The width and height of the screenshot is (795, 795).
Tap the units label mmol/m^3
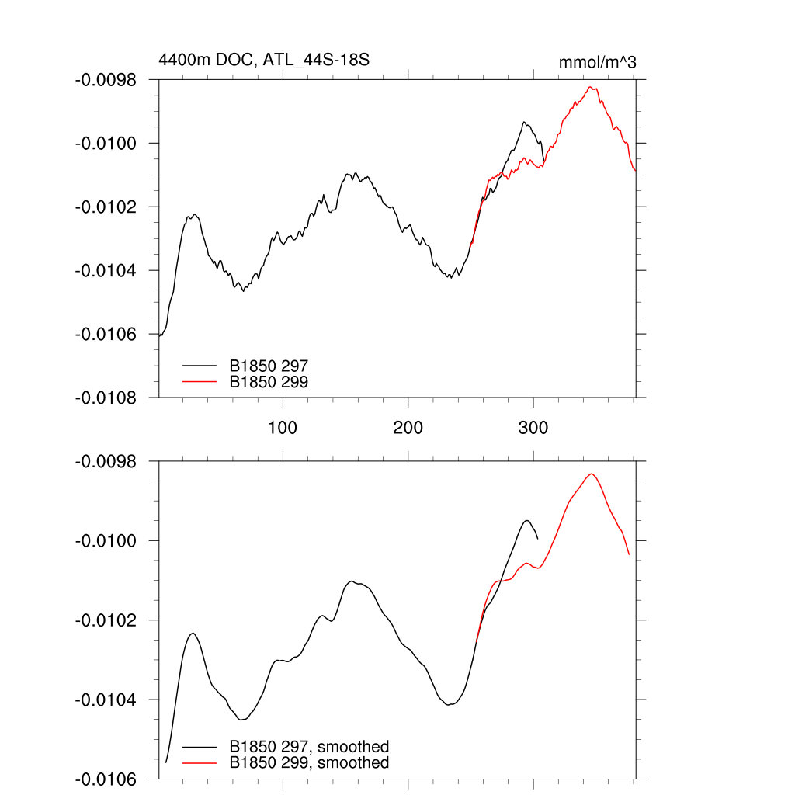pos(597,62)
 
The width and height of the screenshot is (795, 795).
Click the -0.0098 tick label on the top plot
pos(110,80)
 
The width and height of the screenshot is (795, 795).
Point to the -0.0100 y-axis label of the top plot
pos(110,144)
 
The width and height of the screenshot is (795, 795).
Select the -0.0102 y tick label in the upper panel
pos(110,207)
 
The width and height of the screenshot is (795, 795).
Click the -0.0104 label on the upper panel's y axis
pos(110,271)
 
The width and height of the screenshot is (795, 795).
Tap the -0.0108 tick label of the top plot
pos(110,397)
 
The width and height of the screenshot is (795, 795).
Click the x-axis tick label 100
pos(283,428)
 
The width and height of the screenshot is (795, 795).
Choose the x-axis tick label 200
pos(408,428)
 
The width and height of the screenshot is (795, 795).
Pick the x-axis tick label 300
pos(533,428)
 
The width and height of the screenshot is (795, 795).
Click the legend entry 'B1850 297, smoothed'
pos(309,747)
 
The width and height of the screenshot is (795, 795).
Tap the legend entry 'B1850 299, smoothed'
pos(309,763)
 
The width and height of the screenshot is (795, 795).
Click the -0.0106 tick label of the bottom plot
pos(110,779)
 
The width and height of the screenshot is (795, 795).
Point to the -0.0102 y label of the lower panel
pos(110,620)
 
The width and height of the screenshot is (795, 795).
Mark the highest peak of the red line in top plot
pos(591,87)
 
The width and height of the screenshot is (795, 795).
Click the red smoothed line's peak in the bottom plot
pos(592,474)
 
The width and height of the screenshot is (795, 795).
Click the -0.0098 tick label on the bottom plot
pos(110,461)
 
